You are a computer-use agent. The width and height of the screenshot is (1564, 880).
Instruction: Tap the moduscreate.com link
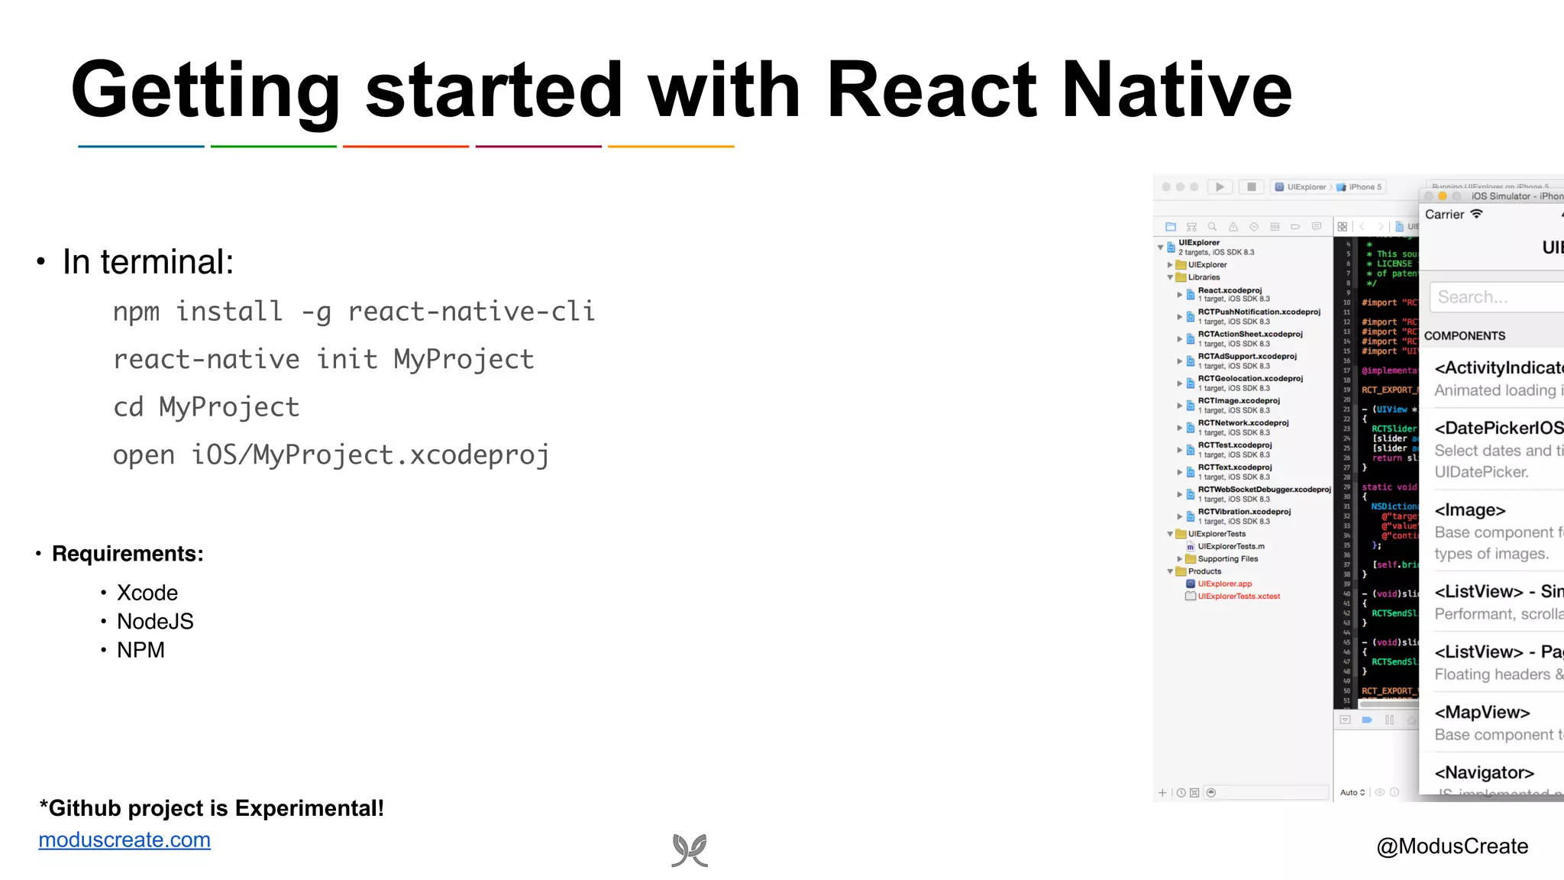tap(124, 840)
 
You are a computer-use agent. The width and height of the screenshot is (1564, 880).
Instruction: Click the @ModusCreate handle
tap(1452, 846)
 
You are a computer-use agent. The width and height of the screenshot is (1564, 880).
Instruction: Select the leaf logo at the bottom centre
tap(690, 850)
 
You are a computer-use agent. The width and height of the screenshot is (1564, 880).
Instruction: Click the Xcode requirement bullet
tap(147, 593)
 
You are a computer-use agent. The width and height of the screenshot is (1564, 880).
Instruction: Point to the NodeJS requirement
tap(155, 622)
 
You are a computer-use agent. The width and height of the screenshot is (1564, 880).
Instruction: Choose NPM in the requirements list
tap(141, 650)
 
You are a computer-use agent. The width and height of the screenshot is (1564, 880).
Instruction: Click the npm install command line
tap(354, 312)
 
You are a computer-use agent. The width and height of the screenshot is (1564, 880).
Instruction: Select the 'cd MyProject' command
tap(206, 407)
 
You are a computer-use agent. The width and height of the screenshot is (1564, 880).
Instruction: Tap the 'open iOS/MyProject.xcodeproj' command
tap(331, 455)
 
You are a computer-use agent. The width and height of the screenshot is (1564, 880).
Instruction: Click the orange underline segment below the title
tap(671, 146)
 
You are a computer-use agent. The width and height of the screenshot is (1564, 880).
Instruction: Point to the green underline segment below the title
tap(273, 146)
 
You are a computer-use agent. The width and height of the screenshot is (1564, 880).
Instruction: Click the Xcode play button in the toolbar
tap(1220, 187)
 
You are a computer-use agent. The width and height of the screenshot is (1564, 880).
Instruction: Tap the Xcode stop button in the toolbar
tap(1251, 187)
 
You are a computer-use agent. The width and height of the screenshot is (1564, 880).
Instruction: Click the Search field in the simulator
tap(1497, 297)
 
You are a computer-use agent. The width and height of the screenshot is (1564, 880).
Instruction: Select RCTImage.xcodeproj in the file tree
tap(1238, 400)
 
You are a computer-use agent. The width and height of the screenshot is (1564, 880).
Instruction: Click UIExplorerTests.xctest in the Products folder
tap(1239, 597)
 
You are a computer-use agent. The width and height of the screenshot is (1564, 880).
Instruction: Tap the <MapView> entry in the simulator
tap(1482, 713)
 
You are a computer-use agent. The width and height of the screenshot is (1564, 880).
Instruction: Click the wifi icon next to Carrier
tap(1476, 215)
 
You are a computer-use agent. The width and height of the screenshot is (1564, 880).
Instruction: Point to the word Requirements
tap(128, 554)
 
